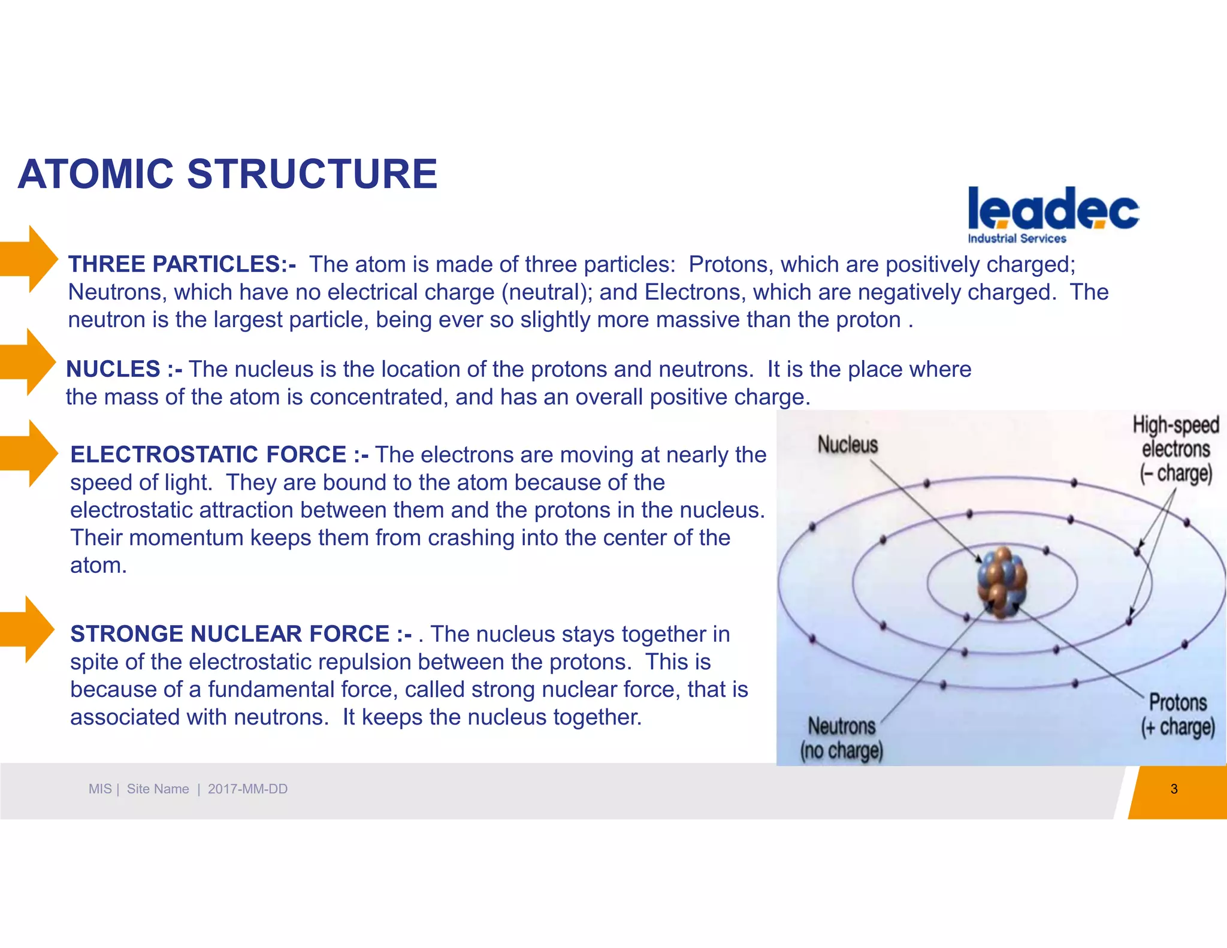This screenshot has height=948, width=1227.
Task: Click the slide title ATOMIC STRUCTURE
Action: (228, 174)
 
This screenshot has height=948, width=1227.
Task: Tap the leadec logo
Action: (1053, 210)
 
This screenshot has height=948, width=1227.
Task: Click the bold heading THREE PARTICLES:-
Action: (182, 264)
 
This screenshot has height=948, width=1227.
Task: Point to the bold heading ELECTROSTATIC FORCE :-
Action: (219, 455)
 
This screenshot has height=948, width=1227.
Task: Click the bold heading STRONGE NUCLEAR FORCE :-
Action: (241, 634)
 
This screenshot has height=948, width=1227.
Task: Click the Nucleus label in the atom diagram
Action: (847, 445)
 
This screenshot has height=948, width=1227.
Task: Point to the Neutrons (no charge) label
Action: (841, 738)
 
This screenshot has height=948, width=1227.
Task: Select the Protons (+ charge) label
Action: (1177, 714)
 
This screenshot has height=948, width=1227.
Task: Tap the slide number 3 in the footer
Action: (1174, 789)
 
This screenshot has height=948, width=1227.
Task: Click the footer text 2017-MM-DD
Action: (247, 789)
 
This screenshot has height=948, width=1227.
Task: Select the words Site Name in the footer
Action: (158, 789)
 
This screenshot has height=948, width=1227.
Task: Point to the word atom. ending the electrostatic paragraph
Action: (98, 566)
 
